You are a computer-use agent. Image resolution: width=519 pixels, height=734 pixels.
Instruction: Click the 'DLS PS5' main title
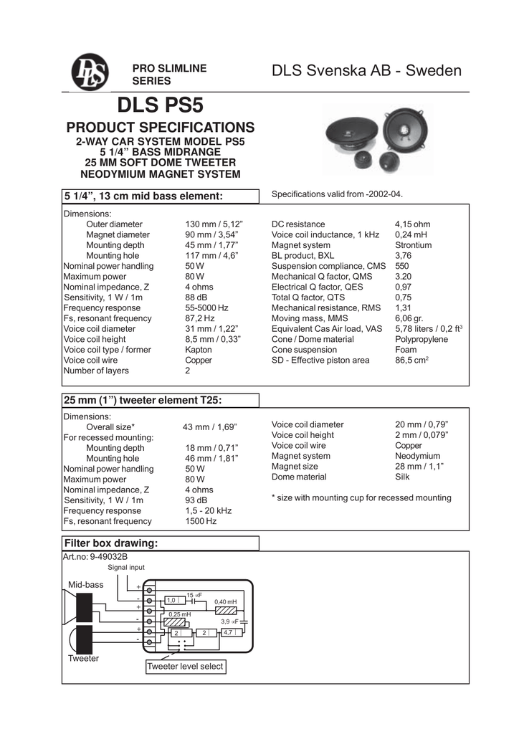161,106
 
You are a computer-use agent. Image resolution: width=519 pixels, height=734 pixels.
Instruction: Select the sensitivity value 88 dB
196,297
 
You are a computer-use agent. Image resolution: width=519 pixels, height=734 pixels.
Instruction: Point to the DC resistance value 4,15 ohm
412,224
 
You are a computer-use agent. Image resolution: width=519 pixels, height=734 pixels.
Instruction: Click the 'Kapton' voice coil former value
198,350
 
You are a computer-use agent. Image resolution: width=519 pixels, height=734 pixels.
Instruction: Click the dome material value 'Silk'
404,477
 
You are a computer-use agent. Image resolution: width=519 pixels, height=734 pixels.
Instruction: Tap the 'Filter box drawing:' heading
110,543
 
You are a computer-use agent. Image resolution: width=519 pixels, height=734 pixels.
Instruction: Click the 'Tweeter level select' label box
185,667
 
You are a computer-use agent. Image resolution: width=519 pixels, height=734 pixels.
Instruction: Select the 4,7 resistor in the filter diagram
229,633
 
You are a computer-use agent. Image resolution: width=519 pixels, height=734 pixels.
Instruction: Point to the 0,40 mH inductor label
225,602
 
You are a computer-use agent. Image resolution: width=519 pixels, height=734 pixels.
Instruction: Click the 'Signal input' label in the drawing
126,568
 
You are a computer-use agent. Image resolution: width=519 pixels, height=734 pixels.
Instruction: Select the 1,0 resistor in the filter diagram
172,600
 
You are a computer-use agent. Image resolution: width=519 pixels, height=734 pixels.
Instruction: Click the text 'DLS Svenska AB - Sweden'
367,71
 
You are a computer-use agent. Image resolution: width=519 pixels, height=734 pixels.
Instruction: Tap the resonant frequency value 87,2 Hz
200,318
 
